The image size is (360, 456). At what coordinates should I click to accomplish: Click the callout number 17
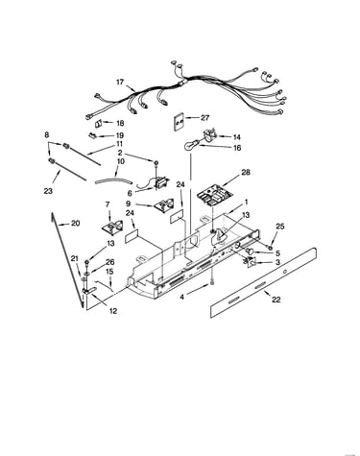(120, 83)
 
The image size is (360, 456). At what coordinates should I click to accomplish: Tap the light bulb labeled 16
(190, 146)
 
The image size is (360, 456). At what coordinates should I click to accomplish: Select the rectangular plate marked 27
(179, 121)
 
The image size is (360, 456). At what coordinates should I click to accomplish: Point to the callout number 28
(246, 173)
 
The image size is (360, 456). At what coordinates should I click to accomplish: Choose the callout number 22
(276, 300)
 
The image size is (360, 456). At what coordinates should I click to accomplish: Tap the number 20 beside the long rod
(76, 223)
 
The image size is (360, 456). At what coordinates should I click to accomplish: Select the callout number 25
(280, 227)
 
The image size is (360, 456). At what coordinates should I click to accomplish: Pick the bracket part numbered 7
(112, 228)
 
